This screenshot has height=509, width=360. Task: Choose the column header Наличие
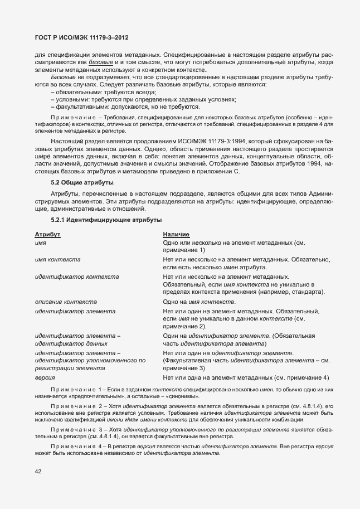coord(176,235)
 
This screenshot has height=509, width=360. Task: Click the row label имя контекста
coord(57,260)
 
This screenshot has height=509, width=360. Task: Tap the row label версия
coord(45,377)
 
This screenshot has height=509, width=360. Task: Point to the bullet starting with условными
coord(143,99)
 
